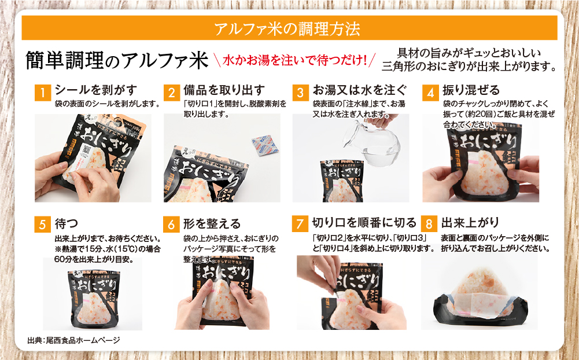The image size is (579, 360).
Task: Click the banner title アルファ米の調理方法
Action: tap(289, 28)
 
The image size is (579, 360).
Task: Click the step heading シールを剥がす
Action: tap(95, 90)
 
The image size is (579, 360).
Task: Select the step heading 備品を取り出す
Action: tap(224, 90)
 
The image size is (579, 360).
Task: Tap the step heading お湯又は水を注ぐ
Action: tap(360, 90)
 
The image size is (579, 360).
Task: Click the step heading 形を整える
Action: tap(212, 223)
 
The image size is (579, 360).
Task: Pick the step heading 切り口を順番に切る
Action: tap(364, 222)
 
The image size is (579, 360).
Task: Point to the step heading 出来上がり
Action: tap(470, 222)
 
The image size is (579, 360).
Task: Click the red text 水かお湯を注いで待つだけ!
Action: tap(294, 60)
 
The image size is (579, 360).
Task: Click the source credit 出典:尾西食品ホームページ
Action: tap(73, 340)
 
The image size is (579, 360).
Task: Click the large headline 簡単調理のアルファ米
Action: tap(116, 60)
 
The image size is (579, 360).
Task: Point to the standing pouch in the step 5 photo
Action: tap(91, 289)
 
